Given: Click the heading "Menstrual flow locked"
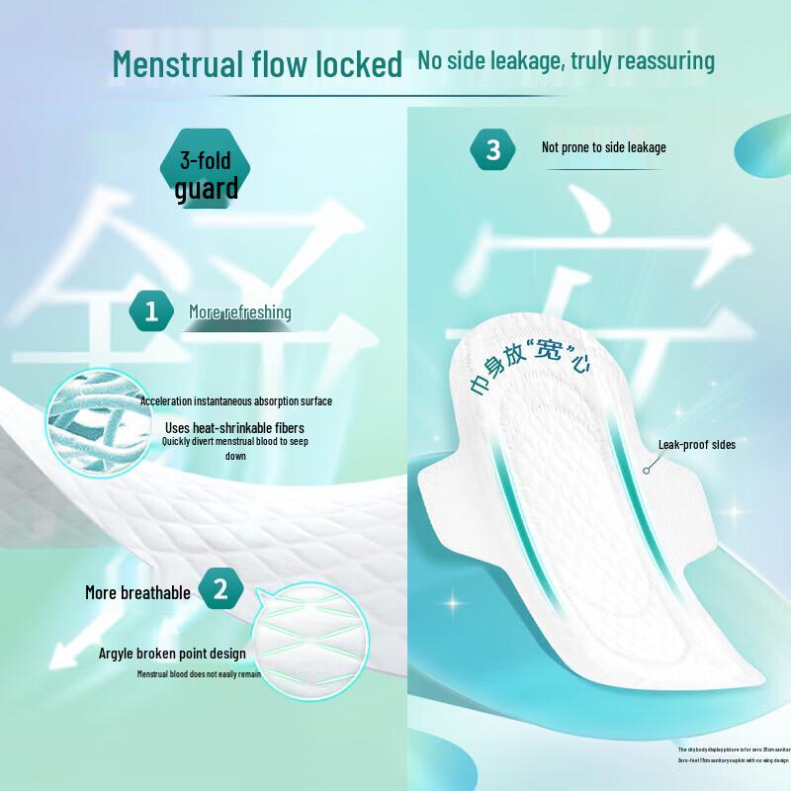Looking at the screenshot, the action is point(257,64).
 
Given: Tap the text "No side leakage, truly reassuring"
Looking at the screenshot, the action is point(566,60).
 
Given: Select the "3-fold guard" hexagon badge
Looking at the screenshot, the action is point(207,175).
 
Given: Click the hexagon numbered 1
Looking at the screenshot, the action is point(151,312).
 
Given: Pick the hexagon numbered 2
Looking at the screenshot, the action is point(220,591).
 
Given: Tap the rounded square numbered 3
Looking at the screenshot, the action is point(493,149).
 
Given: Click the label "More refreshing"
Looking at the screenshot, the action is point(240,312).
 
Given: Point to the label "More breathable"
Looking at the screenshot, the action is point(137,592).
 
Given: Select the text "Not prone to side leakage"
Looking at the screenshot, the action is point(603,147).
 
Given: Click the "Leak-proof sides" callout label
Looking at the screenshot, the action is point(697,445).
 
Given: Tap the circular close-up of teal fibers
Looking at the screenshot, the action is point(94,420).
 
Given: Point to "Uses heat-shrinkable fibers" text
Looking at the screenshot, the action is point(235,427).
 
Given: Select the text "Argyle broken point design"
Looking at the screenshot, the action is point(172,654).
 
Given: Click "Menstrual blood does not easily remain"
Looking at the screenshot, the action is point(199,673).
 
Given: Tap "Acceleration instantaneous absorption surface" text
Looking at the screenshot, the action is point(235,401).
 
